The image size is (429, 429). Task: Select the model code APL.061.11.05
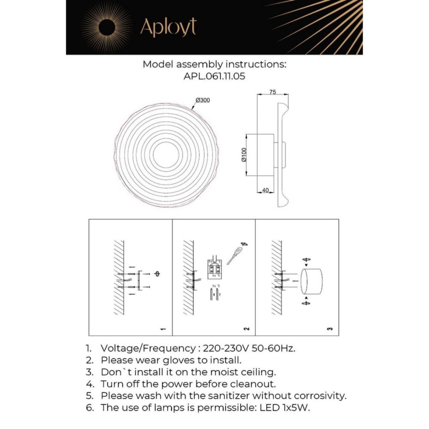click(x=214, y=76)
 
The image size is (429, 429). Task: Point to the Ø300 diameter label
click(x=203, y=100)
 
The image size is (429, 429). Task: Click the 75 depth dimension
click(x=272, y=92)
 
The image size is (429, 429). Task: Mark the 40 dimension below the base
click(x=265, y=191)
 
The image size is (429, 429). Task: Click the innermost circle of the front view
click(x=166, y=155)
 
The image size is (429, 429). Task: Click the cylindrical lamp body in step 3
click(x=311, y=281)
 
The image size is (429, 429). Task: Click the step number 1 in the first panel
click(x=163, y=329)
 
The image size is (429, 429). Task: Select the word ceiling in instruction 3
click(x=258, y=372)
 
